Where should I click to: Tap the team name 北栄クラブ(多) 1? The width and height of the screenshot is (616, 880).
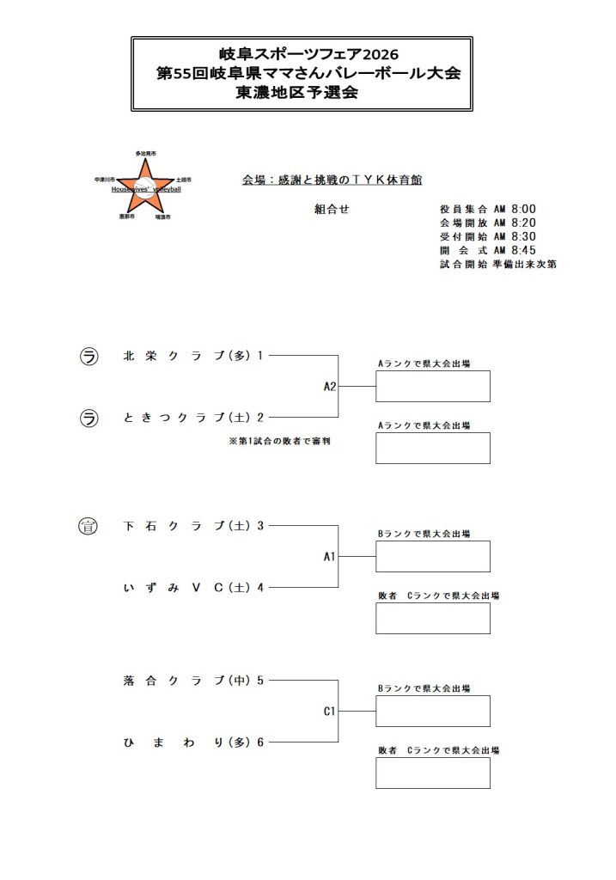[x=192, y=355]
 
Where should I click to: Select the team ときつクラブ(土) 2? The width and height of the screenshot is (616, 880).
[x=192, y=418]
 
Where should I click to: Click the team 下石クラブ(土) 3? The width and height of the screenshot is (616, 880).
[x=192, y=525]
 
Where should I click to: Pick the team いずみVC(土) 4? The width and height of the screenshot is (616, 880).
[x=192, y=588]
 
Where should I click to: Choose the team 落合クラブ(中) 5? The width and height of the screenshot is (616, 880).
[x=192, y=681]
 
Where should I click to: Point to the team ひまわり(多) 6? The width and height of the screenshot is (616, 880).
[x=192, y=742]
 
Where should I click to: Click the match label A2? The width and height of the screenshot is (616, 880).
[x=330, y=387]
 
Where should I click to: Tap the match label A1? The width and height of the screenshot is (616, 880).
[x=329, y=557]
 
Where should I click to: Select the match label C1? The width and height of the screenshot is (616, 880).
[x=329, y=712]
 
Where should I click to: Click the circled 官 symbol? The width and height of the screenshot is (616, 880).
[x=88, y=525]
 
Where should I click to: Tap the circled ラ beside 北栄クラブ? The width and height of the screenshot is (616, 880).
[x=88, y=355]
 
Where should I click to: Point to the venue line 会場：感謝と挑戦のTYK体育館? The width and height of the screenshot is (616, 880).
[x=332, y=180]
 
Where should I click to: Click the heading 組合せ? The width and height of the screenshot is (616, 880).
[x=332, y=209]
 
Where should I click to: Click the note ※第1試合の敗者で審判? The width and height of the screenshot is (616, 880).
[x=278, y=441]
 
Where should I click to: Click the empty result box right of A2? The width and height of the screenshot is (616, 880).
[x=432, y=386]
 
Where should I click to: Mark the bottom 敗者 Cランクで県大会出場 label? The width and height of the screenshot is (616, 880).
[x=438, y=750]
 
